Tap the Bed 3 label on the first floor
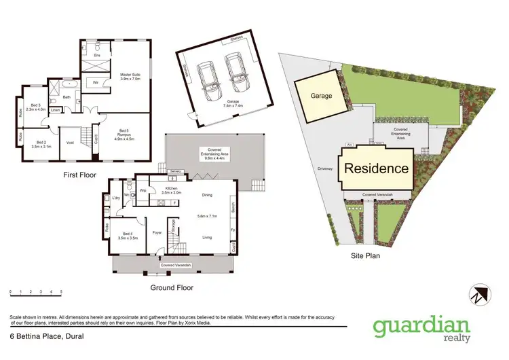tap(37, 107)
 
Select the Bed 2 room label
tap(37, 144)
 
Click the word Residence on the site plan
tap(375, 169)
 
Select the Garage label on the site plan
tap(322, 96)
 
